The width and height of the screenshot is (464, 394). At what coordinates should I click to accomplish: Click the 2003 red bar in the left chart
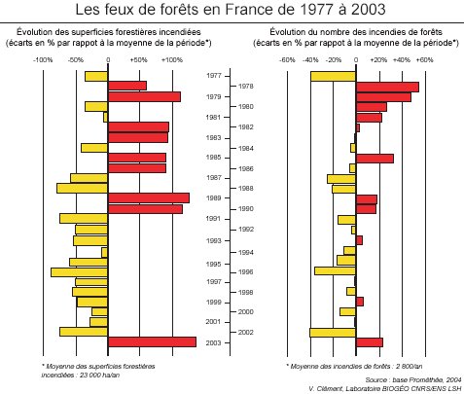tap(152, 341)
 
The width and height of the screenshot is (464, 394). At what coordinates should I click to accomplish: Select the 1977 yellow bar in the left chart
tap(96, 76)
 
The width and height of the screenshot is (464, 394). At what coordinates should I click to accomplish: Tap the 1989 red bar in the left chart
tap(148, 197)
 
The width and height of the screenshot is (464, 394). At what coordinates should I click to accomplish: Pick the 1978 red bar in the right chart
tap(387, 87)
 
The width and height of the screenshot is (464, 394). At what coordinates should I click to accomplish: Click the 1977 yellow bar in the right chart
tap(334, 76)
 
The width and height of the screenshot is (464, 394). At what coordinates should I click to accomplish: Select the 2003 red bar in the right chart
tap(370, 341)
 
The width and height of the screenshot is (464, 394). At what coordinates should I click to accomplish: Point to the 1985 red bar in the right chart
tap(375, 158)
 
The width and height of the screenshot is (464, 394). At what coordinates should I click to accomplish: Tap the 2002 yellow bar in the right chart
tap(333, 332)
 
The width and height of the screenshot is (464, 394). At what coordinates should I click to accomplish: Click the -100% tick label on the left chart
tap(43, 59)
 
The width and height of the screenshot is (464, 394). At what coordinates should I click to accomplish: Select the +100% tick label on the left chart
tap(171, 59)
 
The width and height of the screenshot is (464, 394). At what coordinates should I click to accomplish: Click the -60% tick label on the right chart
tap(287, 59)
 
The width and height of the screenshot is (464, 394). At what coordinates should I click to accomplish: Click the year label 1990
tap(246, 209)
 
